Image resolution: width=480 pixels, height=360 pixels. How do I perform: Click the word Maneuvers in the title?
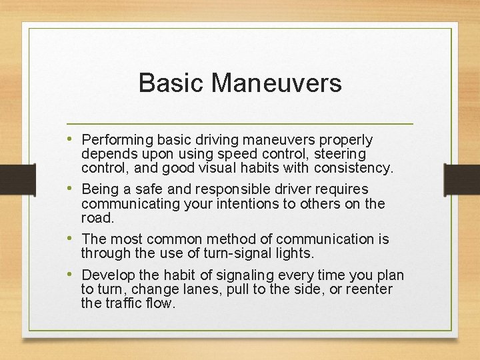tap(277, 83)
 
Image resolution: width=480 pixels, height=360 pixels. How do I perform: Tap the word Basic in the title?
tap(171, 83)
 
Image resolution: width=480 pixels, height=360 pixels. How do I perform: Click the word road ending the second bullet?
tap(96, 217)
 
